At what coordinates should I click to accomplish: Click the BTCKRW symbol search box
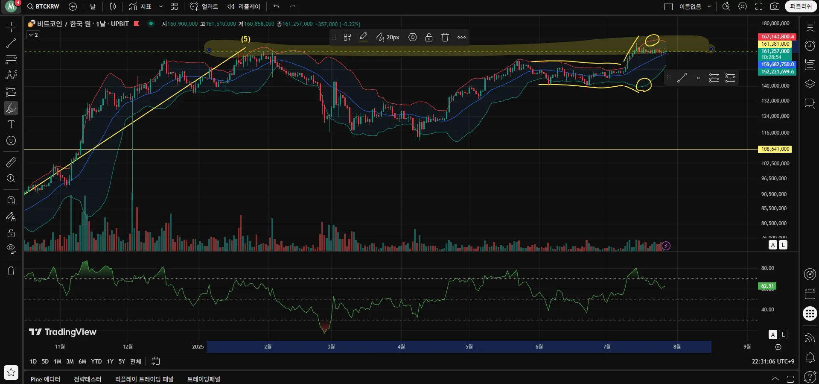[44, 6]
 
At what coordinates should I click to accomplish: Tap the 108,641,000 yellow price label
[775, 149]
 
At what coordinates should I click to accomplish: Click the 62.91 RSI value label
[767, 286]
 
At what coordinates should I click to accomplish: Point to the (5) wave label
[245, 39]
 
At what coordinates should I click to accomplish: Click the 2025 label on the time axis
[198, 347]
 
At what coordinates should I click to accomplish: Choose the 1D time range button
[33, 361]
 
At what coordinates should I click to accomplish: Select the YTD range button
[96, 361]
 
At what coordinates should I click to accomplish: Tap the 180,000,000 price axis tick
[775, 23]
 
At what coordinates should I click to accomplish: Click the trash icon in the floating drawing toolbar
[445, 37]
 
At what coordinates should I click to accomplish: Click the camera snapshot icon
[775, 6]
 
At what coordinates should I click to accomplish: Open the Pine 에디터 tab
[45, 379]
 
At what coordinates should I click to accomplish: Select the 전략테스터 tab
[87, 379]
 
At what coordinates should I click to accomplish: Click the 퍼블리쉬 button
[801, 6]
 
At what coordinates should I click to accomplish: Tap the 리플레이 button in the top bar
[244, 6]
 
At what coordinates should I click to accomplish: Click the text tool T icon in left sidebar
[11, 124]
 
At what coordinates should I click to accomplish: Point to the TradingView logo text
[63, 332]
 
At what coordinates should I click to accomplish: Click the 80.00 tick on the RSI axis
[767, 268]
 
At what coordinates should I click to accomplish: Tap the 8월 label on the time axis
[677, 347]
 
